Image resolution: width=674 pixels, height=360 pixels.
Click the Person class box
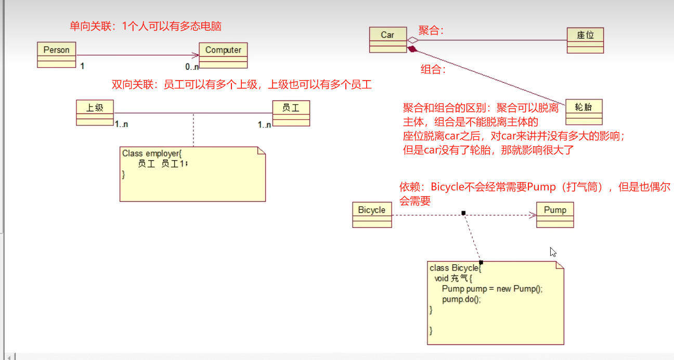57,55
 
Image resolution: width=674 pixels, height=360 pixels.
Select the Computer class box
223,55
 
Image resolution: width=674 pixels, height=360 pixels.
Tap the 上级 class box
95,112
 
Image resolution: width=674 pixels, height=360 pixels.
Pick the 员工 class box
291,112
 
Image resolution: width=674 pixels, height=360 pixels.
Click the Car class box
387,40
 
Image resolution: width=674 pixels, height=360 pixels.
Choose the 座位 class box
585,40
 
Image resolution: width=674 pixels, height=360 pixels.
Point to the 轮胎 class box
584,111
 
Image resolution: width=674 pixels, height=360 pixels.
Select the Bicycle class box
372,215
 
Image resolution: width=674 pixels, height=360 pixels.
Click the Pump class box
555,215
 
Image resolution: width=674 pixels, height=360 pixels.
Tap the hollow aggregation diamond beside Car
412,40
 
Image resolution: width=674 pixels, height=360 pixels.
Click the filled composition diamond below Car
412,49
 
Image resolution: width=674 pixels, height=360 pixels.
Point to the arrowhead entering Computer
196,55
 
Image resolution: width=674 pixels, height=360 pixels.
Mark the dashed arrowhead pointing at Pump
533,214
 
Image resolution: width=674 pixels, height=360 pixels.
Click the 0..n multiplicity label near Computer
192,67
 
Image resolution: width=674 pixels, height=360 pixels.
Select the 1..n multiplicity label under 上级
121,124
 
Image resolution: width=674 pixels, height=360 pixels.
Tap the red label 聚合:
431,31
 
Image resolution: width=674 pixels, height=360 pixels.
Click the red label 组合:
433,70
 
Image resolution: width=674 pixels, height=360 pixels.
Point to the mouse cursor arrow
553,252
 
